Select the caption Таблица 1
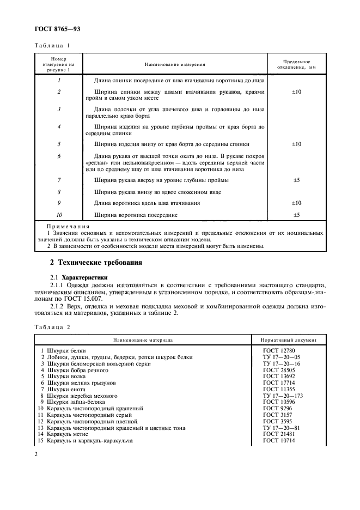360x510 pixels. click(52, 46)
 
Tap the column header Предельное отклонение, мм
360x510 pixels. click(297, 64)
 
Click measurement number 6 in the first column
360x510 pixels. click(58, 156)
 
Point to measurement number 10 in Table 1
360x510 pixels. click(58, 215)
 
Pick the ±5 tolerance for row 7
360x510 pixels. click(297, 179)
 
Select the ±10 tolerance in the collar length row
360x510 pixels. click(297, 203)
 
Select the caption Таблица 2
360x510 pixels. click(52, 327)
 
